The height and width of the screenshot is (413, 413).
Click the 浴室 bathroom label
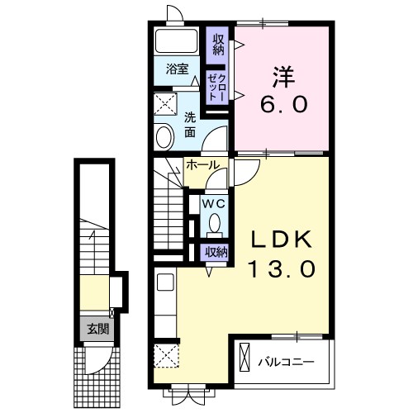tap(177, 69)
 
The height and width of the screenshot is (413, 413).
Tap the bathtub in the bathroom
tap(177, 41)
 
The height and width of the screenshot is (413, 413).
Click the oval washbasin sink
tap(165, 137)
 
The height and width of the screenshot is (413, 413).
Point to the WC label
tap(214, 204)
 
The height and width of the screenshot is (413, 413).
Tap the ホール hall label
tap(203, 165)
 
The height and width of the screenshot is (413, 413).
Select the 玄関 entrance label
tap(98, 329)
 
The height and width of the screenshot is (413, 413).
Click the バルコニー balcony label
tap(286, 362)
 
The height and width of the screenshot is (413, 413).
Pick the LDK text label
tap(282, 240)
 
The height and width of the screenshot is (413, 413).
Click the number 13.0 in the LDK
tap(282, 269)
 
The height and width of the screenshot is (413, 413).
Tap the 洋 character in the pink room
tap(283, 78)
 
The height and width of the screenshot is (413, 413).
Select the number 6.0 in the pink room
tap(283, 104)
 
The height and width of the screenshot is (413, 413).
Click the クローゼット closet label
tap(217, 88)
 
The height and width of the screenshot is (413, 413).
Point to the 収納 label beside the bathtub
tap(218, 45)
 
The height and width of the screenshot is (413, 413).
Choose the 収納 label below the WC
tap(217, 252)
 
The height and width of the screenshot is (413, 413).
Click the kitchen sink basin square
tap(165, 282)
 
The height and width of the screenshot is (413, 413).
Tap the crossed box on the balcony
tap(244, 358)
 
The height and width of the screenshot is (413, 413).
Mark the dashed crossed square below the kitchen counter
tap(166, 355)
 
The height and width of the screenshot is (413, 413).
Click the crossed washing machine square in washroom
tap(165, 104)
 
